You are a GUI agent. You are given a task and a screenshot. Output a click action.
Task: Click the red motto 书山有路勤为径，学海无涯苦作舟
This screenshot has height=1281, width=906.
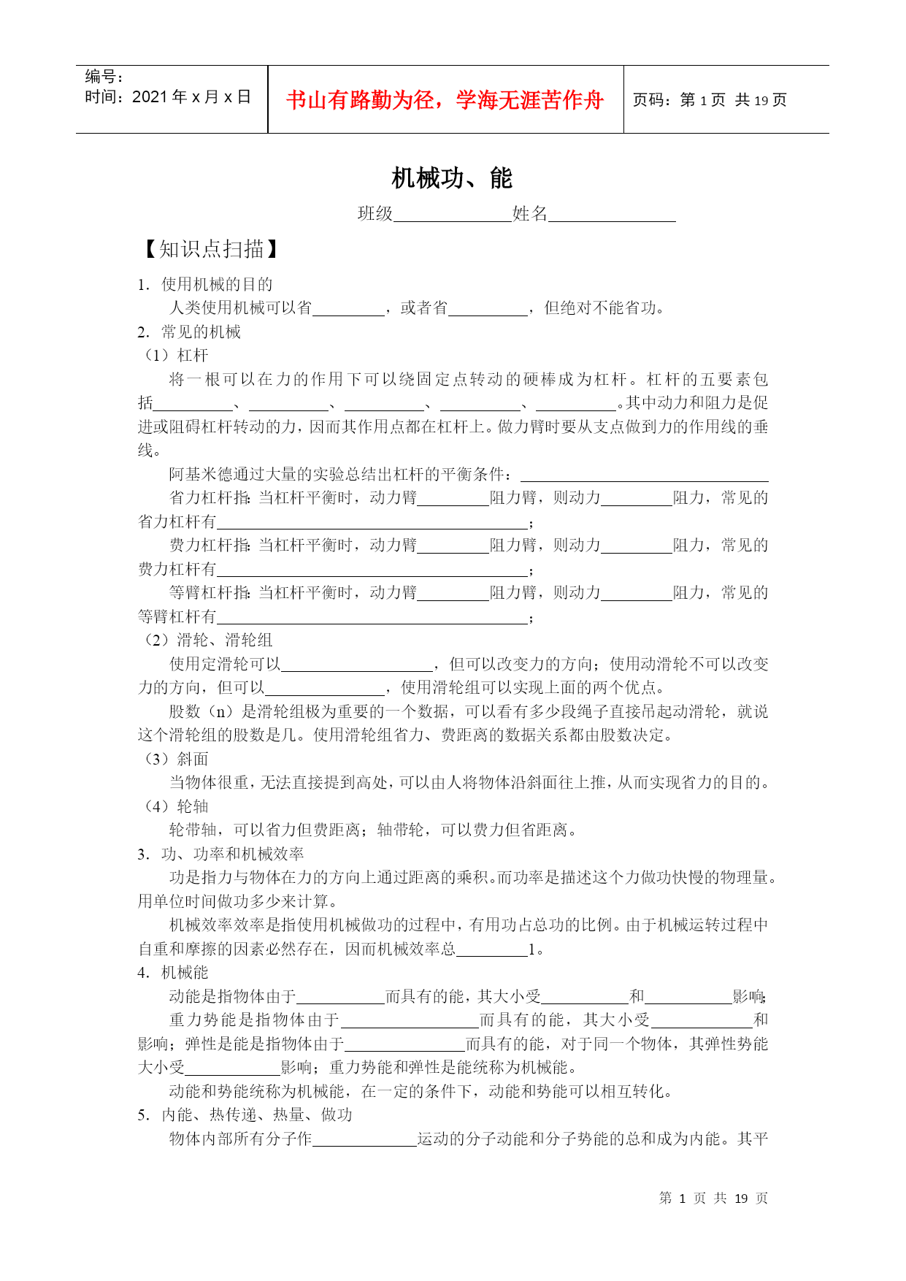pyautogui.click(x=445, y=100)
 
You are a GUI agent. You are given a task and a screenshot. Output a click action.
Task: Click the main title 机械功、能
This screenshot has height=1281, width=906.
pyautogui.click(x=452, y=178)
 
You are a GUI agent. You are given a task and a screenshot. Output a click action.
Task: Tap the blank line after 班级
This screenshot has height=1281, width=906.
pyautogui.click(x=452, y=215)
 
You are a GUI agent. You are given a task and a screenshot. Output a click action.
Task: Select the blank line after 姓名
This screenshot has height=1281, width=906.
pyautogui.click(x=612, y=215)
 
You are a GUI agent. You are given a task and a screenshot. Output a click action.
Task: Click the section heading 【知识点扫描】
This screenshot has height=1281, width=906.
pyautogui.click(x=210, y=250)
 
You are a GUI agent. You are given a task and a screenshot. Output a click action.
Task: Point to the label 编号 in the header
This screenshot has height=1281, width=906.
pyautogui.click(x=104, y=77)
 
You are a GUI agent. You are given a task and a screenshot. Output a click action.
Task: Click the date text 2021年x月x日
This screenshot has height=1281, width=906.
pyautogui.click(x=191, y=97)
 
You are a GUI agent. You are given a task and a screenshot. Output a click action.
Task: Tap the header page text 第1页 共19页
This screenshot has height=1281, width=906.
pyautogui.click(x=733, y=100)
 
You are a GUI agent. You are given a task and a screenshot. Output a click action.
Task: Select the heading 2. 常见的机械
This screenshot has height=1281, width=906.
pyautogui.click(x=189, y=332)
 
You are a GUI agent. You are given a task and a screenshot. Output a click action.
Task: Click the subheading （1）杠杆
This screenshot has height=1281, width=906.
pyautogui.click(x=174, y=356)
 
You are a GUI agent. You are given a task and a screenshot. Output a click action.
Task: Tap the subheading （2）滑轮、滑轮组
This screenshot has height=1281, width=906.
pyautogui.click(x=205, y=640)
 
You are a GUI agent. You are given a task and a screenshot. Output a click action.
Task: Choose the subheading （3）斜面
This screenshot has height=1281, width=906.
pyautogui.click(x=174, y=760)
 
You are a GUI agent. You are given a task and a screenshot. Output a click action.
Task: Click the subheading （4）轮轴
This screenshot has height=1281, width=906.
pyautogui.click(x=174, y=807)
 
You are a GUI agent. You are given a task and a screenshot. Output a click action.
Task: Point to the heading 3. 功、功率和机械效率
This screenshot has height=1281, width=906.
pyautogui.click(x=220, y=854)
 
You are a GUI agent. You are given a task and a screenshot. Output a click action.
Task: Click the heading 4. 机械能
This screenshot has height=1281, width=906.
pyautogui.click(x=173, y=973)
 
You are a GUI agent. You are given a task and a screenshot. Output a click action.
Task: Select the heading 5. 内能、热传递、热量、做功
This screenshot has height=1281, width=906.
pyautogui.click(x=245, y=1115)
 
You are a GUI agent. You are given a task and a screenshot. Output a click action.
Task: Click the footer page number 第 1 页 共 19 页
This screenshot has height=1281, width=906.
pyautogui.click(x=713, y=1198)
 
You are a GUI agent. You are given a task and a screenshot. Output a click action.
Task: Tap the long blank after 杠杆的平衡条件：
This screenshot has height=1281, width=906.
pyautogui.click(x=644, y=475)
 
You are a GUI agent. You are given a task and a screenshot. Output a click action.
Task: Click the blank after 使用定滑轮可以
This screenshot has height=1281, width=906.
pyautogui.click(x=357, y=665)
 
